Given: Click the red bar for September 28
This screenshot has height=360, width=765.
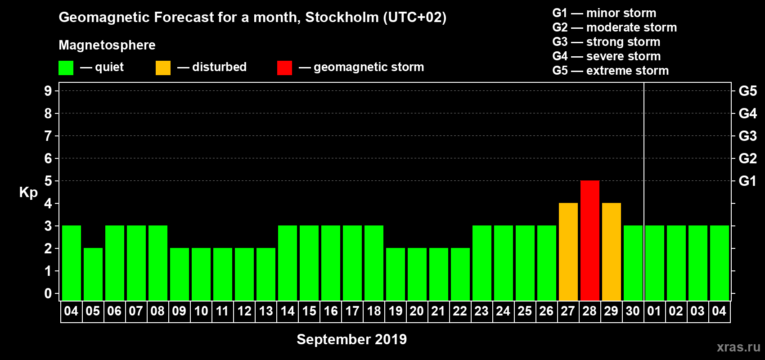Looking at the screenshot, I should tap(589, 241).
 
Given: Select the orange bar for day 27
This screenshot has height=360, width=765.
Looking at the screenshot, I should tap(568, 252).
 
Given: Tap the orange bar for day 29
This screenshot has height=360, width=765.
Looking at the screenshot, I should tap(611, 252).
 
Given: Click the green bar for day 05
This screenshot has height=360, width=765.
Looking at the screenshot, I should tap(93, 274).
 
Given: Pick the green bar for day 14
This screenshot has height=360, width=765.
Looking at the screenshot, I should tap(287, 263).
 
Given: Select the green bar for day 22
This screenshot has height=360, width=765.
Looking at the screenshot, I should tap(460, 274).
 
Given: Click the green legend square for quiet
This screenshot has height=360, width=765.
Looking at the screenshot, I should tap(66, 68).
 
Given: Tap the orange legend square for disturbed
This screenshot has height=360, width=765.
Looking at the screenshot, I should tap(163, 68).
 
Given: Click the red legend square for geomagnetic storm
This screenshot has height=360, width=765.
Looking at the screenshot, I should tap(284, 68).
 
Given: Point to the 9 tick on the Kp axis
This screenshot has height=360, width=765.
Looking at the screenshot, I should tap(48, 91).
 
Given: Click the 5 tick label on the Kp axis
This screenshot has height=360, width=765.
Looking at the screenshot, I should tap(48, 181).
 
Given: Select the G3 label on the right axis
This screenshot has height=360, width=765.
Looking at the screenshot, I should tap(747, 136).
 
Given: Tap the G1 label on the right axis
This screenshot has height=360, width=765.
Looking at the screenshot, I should tap(747, 181).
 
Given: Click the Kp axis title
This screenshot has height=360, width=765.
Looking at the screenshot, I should tap(28, 192).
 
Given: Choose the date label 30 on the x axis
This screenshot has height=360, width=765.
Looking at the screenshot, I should tap(633, 311).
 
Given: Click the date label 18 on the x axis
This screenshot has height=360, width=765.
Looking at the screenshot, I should tap(373, 311).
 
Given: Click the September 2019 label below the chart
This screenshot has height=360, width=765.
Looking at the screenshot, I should tap(351, 339).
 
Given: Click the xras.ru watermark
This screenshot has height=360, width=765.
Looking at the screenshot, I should tap(738, 347).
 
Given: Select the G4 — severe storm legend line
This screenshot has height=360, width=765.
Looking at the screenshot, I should tap(606, 56).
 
